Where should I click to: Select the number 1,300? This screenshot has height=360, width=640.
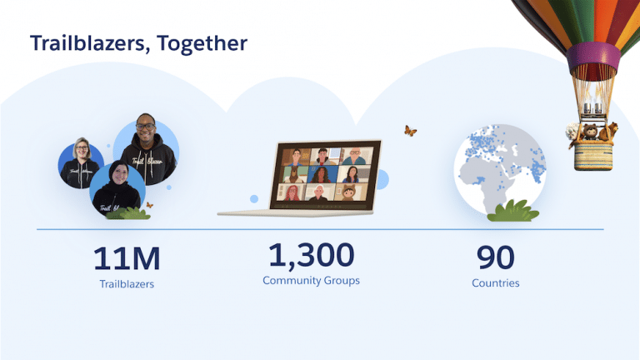311,254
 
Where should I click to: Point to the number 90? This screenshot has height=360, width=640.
495,257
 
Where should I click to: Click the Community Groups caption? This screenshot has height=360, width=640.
311,281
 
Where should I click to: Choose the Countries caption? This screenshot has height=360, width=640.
495,283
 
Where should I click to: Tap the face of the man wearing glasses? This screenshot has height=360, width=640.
147,132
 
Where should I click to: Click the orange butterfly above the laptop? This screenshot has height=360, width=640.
410,131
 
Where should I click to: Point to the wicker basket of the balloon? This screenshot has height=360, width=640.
594,154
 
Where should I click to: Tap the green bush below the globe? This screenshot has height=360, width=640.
512,212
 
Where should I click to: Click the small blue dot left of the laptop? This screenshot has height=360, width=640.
253,199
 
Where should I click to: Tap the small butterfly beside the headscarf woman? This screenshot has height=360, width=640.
149,204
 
